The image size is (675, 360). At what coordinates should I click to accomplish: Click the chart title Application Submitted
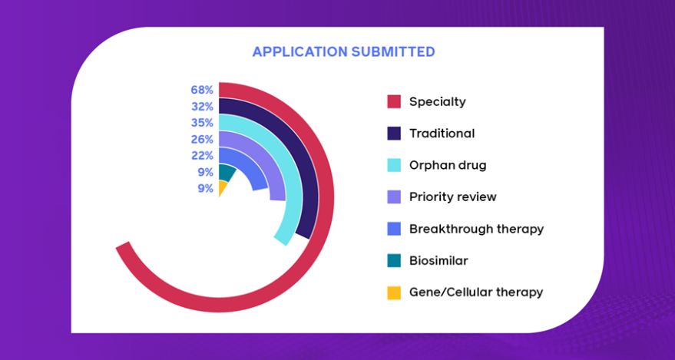point(343,52)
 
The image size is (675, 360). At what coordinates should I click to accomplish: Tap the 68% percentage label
point(202,91)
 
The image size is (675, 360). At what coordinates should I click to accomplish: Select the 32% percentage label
point(202,107)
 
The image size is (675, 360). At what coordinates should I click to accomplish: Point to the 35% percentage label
point(202,123)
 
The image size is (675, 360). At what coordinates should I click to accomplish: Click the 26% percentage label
point(202,140)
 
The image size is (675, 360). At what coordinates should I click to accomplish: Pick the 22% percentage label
point(202,156)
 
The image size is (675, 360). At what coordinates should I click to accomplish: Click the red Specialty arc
point(326,197)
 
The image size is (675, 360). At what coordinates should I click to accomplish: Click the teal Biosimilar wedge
point(226,172)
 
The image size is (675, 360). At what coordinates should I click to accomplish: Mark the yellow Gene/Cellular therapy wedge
point(222,187)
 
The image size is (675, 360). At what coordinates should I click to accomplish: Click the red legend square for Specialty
point(394,101)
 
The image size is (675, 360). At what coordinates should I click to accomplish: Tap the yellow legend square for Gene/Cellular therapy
point(394,292)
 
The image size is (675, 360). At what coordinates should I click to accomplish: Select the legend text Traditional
point(442,134)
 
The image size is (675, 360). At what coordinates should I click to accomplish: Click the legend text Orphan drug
point(448,165)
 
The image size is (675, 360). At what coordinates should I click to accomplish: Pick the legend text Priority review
point(453,197)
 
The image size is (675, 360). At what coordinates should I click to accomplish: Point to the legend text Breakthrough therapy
point(477,229)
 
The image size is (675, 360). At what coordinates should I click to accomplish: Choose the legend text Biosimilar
point(438,261)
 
